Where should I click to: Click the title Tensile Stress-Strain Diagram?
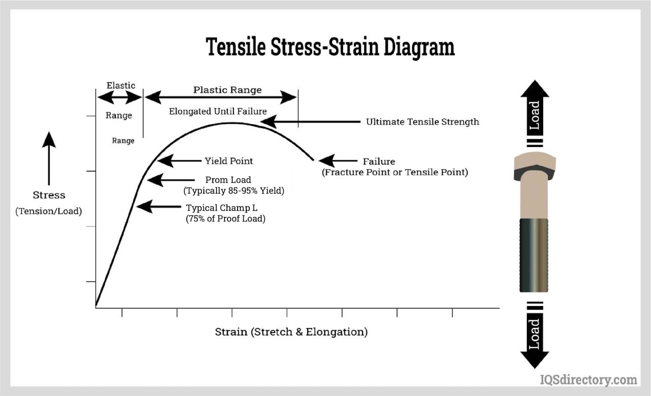pyautogui.click(x=330, y=47)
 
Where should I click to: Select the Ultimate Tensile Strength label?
pyautogui.click(x=422, y=122)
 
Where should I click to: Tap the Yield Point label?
pyautogui.click(x=229, y=161)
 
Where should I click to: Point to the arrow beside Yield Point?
pyautogui.click(x=179, y=161)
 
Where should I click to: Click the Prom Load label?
pyautogui.click(x=228, y=179)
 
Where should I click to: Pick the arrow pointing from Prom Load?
pyautogui.click(x=171, y=180)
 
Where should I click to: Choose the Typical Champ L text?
pyautogui.click(x=221, y=208)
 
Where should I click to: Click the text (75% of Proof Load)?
pyautogui.click(x=225, y=219)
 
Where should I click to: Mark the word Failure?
pyautogui.click(x=379, y=161)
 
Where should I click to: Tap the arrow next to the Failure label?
pyautogui.click(x=338, y=161)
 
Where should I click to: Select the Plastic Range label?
pyautogui.click(x=227, y=90)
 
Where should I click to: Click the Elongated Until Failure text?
pyautogui.click(x=218, y=111)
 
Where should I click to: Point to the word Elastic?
pyautogui.click(x=121, y=85)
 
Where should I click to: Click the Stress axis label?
pyautogui.click(x=49, y=195)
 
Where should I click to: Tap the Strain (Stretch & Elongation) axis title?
pyautogui.click(x=291, y=332)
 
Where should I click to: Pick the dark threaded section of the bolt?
pyautogui.click(x=533, y=255)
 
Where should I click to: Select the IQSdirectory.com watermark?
pyautogui.click(x=588, y=379)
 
